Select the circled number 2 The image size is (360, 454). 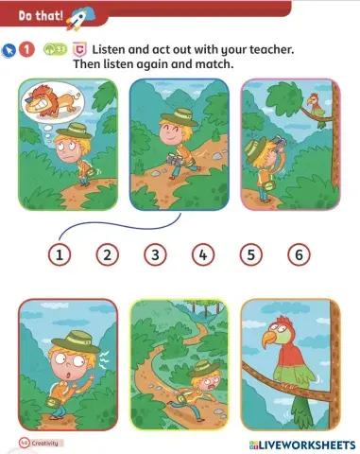[x=108, y=253]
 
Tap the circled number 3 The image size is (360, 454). [x=155, y=253]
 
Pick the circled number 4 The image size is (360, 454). [x=203, y=253]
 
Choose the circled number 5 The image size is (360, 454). [x=250, y=253]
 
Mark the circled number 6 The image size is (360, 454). [x=299, y=253]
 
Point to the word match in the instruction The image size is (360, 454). [x=214, y=63]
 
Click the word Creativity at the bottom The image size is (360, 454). [x=43, y=443]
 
